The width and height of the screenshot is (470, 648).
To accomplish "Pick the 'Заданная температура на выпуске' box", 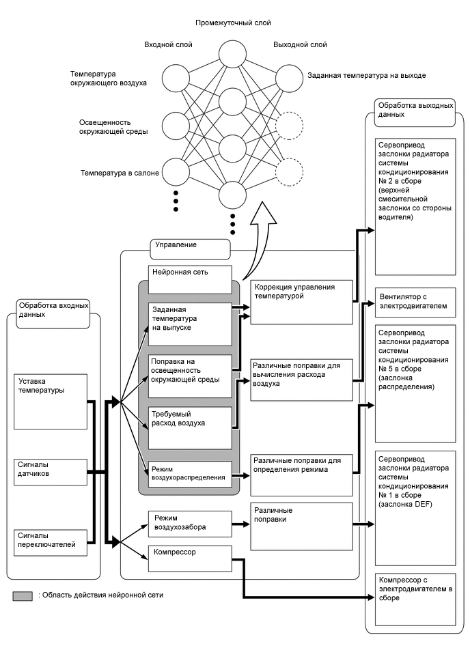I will tap(190, 324).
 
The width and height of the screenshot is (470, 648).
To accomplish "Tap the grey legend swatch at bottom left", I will tap(22, 595).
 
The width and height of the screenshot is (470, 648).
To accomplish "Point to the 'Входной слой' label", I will tap(168, 45).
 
